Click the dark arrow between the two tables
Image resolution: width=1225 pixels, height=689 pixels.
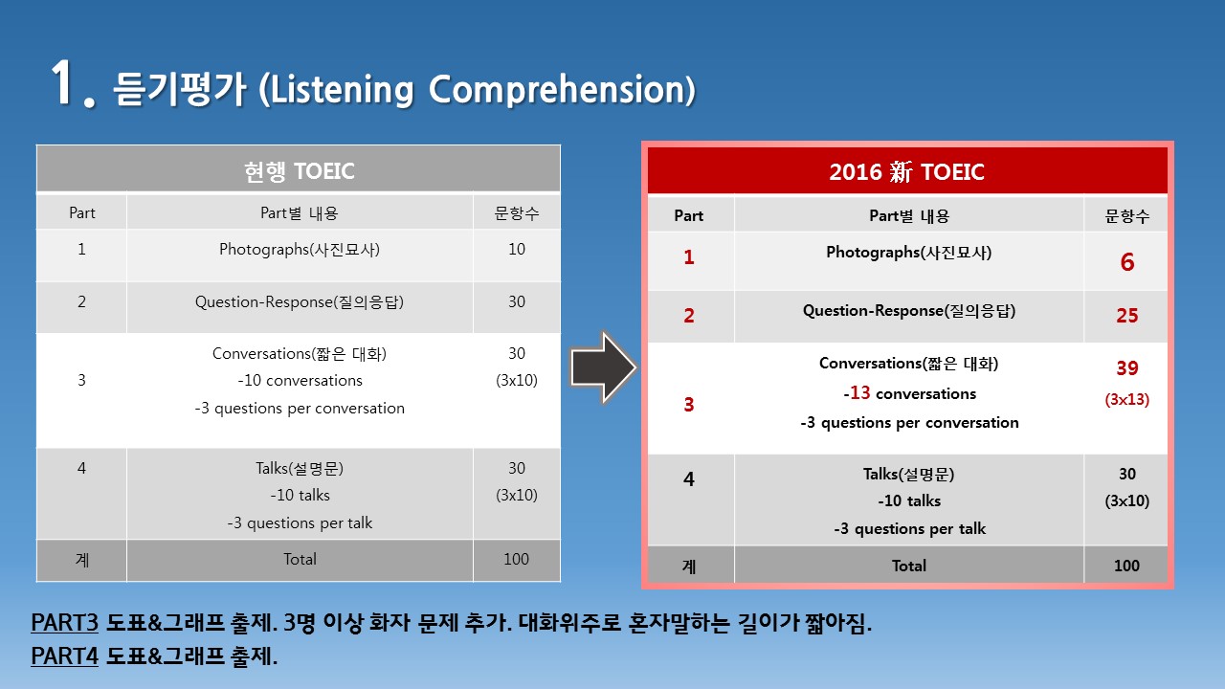coord(603,367)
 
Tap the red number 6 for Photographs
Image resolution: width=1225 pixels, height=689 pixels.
coord(1127,262)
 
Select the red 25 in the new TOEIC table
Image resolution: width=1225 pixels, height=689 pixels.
coord(1127,316)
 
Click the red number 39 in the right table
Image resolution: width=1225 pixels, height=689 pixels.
coord(1127,368)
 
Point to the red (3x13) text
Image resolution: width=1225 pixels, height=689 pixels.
coord(1127,399)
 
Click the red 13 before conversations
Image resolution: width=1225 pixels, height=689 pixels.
coord(860,392)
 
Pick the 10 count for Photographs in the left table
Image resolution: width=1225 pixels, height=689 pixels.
coord(517,250)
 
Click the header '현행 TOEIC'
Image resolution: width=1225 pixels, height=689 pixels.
coord(300,171)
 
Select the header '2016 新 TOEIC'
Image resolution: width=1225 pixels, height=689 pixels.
coord(906,171)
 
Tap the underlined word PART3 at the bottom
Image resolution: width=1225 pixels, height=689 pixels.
coord(64,622)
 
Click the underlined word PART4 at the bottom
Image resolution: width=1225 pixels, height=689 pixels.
coord(64,656)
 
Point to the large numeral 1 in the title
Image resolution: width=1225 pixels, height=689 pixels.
coord(64,82)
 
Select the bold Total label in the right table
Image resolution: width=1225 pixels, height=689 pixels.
coord(909,566)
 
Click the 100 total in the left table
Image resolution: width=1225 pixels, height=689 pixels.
coord(516,559)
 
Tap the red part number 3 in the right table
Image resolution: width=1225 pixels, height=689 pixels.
coord(688,404)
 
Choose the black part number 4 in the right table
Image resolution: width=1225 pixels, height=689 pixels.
coord(688,479)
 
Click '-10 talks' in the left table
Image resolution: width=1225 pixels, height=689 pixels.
coord(300,495)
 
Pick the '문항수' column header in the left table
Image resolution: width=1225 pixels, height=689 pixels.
coord(517,212)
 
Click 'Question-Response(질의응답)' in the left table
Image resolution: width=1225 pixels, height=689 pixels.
coord(300,301)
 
